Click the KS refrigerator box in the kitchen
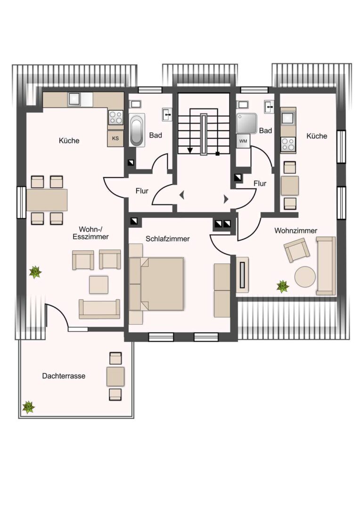(x=115, y=138)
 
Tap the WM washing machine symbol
(x=243, y=141)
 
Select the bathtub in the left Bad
(x=137, y=130)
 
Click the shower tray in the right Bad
(x=246, y=123)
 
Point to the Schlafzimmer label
(x=167, y=239)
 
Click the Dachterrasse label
(x=64, y=376)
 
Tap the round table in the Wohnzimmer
(x=305, y=277)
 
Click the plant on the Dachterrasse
(x=28, y=407)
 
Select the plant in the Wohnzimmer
(x=283, y=287)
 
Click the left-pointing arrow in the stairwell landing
(x=182, y=195)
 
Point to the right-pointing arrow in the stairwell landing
(x=226, y=199)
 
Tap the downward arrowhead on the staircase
(x=190, y=150)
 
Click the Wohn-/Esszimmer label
(x=90, y=233)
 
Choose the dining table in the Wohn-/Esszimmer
(x=47, y=200)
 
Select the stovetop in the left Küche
(x=115, y=117)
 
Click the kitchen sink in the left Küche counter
(x=74, y=99)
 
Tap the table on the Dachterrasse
(x=115, y=377)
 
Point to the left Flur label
(x=142, y=191)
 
